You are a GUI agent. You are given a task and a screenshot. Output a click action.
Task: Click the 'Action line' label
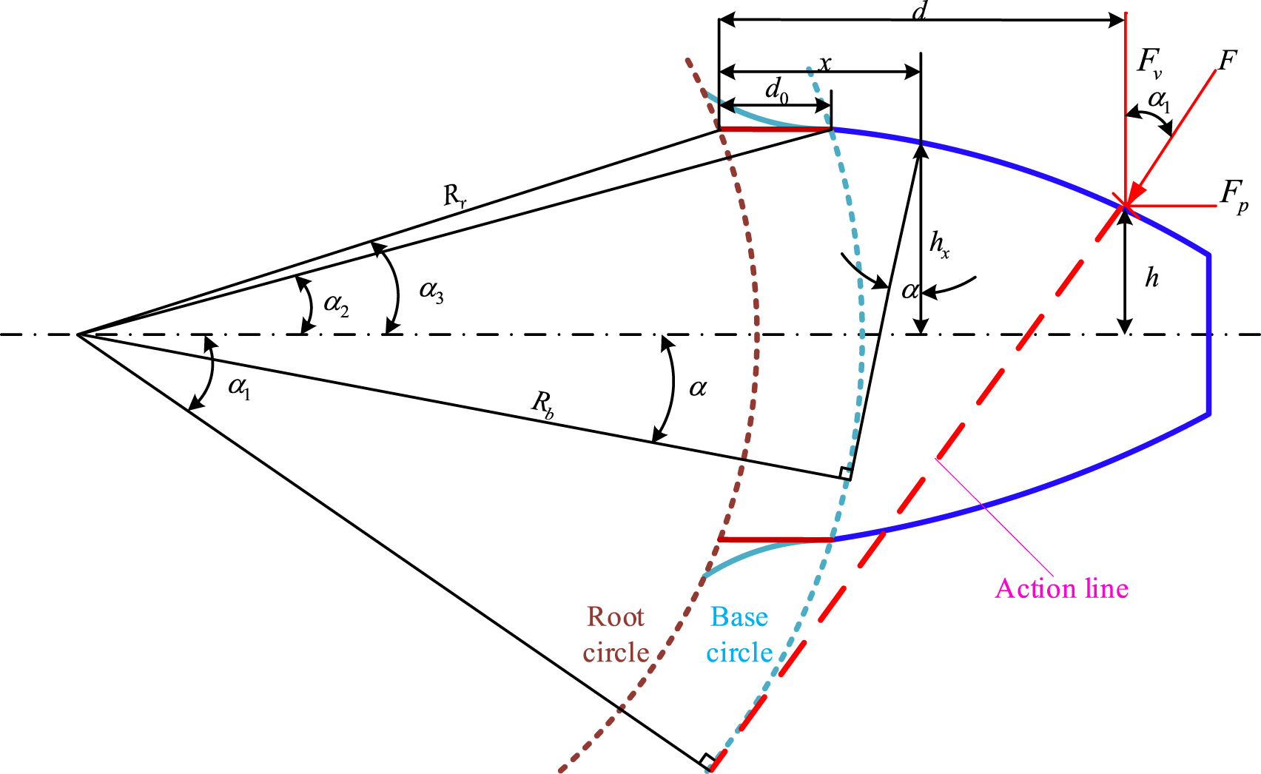(1062, 589)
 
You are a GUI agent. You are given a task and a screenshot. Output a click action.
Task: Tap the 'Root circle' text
(616, 635)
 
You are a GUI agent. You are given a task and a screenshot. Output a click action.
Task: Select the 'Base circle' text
(739, 635)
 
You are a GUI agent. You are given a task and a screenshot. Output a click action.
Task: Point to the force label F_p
(1234, 196)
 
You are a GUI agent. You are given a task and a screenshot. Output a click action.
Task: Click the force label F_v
(1149, 62)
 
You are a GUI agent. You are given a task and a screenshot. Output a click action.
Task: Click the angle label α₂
(336, 305)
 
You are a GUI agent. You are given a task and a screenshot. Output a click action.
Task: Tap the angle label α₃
(431, 292)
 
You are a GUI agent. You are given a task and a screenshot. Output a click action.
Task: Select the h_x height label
(939, 245)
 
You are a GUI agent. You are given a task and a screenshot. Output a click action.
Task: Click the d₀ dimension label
(777, 91)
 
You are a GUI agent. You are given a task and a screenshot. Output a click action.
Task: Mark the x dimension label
(824, 64)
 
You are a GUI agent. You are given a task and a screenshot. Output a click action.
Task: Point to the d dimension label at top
(919, 11)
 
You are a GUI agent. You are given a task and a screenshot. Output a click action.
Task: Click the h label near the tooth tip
(1152, 278)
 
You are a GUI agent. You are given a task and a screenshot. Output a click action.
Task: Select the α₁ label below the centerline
(239, 387)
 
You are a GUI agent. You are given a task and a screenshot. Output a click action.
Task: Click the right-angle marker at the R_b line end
(845, 474)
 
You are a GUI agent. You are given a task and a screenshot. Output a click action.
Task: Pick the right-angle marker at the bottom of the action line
(707, 761)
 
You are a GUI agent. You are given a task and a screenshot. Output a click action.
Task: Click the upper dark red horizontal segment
(776, 129)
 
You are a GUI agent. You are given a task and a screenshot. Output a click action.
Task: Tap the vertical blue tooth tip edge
(1208, 335)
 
